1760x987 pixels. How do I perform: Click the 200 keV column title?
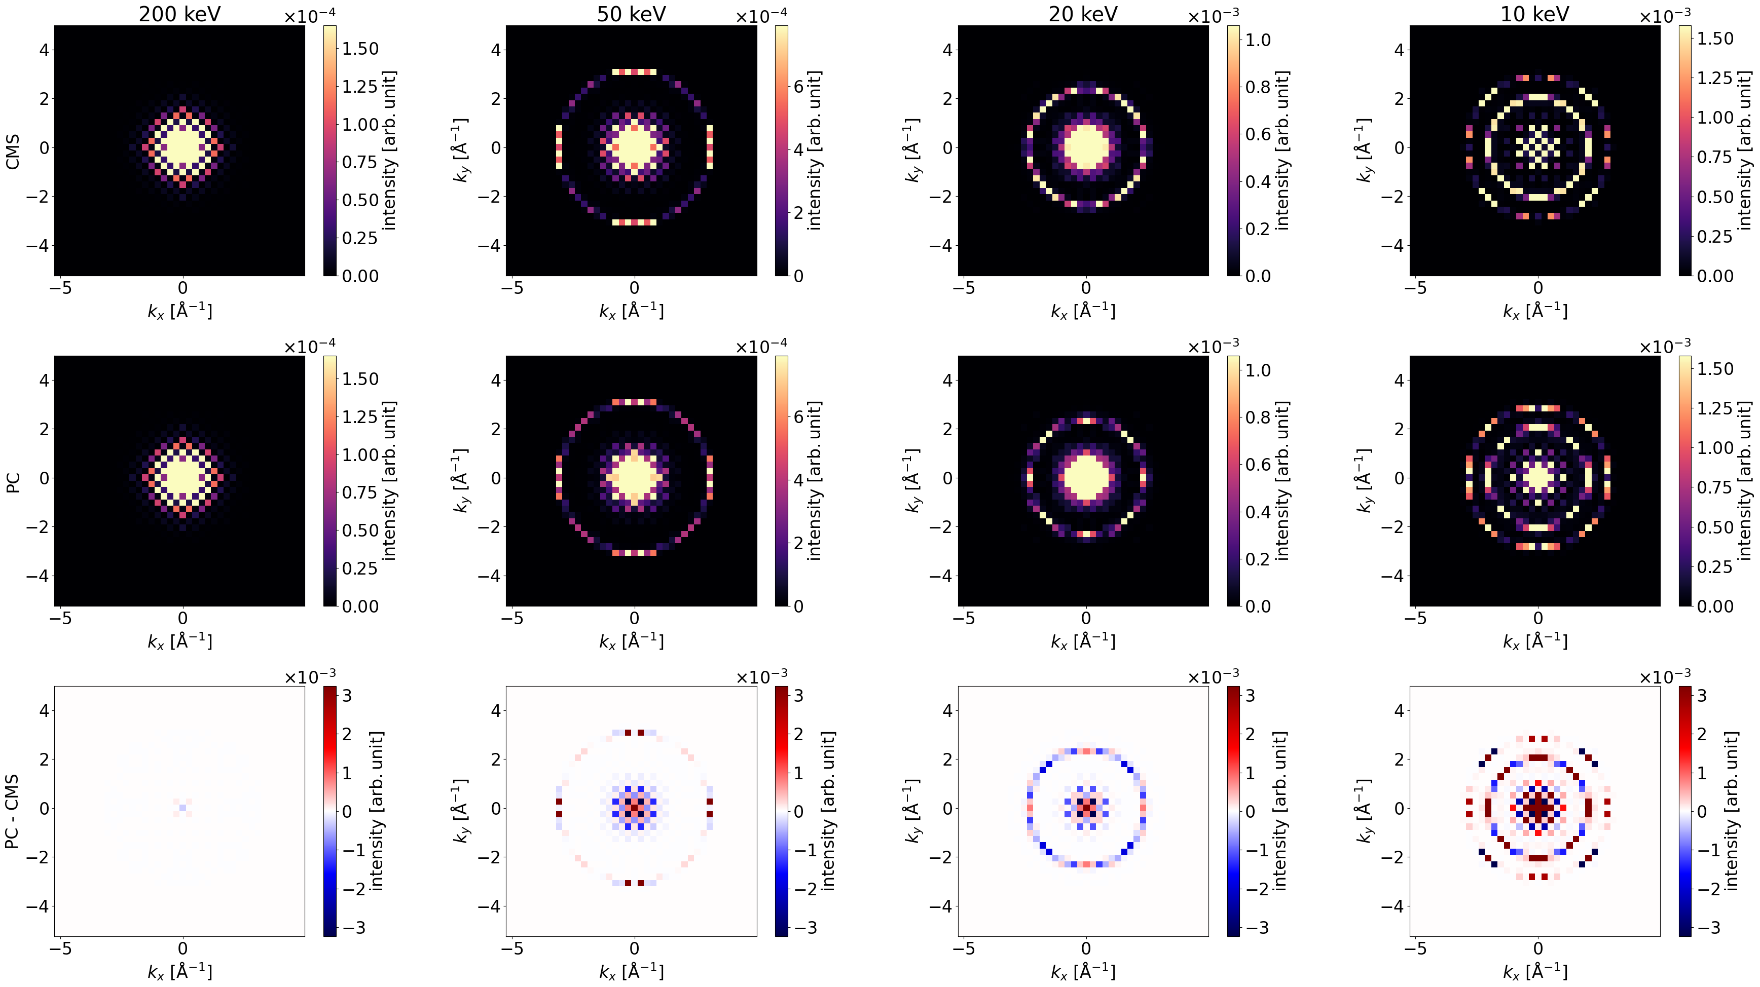(179, 14)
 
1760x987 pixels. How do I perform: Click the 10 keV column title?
(1534, 14)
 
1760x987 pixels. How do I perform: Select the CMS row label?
(12, 151)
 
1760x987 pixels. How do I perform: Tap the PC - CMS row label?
(12, 812)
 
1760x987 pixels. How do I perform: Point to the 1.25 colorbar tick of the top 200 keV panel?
(359, 87)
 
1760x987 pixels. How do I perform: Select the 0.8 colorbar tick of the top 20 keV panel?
(1257, 87)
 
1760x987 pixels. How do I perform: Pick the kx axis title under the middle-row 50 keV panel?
(631, 641)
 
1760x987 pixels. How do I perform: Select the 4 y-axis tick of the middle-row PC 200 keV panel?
(45, 380)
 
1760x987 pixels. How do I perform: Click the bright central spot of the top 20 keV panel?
(1086, 147)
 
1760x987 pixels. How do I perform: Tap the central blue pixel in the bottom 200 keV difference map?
(182, 808)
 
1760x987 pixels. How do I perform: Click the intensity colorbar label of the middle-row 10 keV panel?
(1744, 481)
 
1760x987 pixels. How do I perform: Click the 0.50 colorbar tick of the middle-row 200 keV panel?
(359, 530)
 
